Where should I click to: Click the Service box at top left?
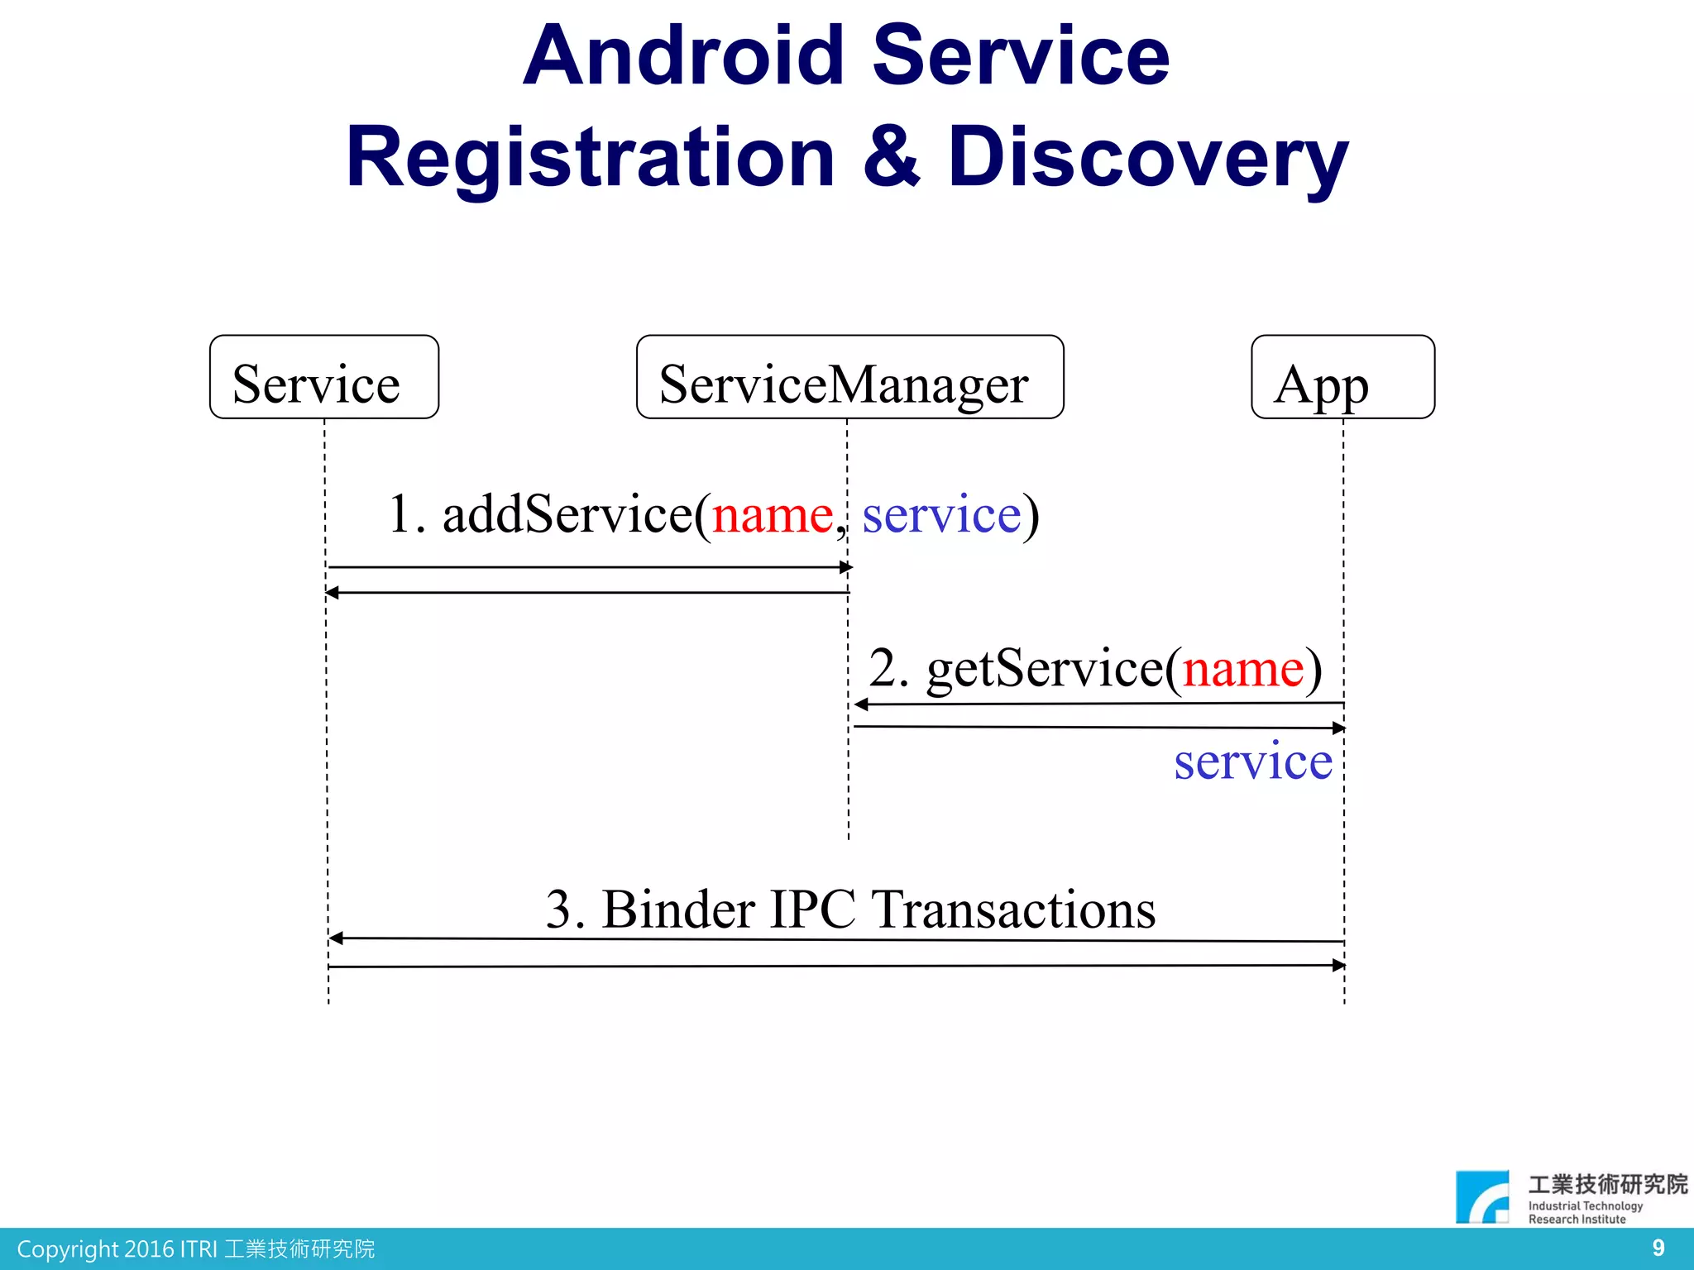point(323,377)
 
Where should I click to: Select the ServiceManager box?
point(849,377)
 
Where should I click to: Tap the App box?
point(1342,377)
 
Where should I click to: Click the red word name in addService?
point(773,515)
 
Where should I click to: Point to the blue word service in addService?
point(941,515)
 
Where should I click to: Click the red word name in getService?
point(1242,669)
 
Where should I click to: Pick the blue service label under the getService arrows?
point(1253,762)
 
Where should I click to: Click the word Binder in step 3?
point(678,910)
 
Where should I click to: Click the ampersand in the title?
point(891,157)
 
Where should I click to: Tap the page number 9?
point(1658,1248)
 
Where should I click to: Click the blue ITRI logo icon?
point(1482,1196)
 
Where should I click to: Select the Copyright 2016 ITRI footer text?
point(195,1249)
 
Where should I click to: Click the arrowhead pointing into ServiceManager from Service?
point(846,567)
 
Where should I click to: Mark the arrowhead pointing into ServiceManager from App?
point(861,704)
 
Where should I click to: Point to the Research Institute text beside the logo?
point(1577,1220)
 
